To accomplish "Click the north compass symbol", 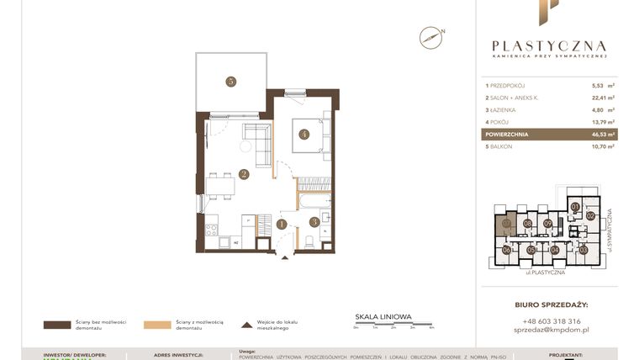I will pos(430,37).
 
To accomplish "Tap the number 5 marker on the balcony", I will pos(230,82).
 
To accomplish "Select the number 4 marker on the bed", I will pos(304,133).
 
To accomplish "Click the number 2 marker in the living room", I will pos(243,175).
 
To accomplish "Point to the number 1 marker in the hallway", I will pos(283,224).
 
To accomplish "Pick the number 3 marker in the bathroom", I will pos(314,222).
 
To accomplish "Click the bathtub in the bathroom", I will pos(315,202).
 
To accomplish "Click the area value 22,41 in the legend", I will pos(600,98).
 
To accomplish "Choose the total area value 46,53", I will pos(600,134).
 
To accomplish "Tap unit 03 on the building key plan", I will pos(584,250).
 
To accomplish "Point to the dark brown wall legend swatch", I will pos(56,324).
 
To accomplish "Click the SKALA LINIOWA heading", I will pos(383,317).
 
